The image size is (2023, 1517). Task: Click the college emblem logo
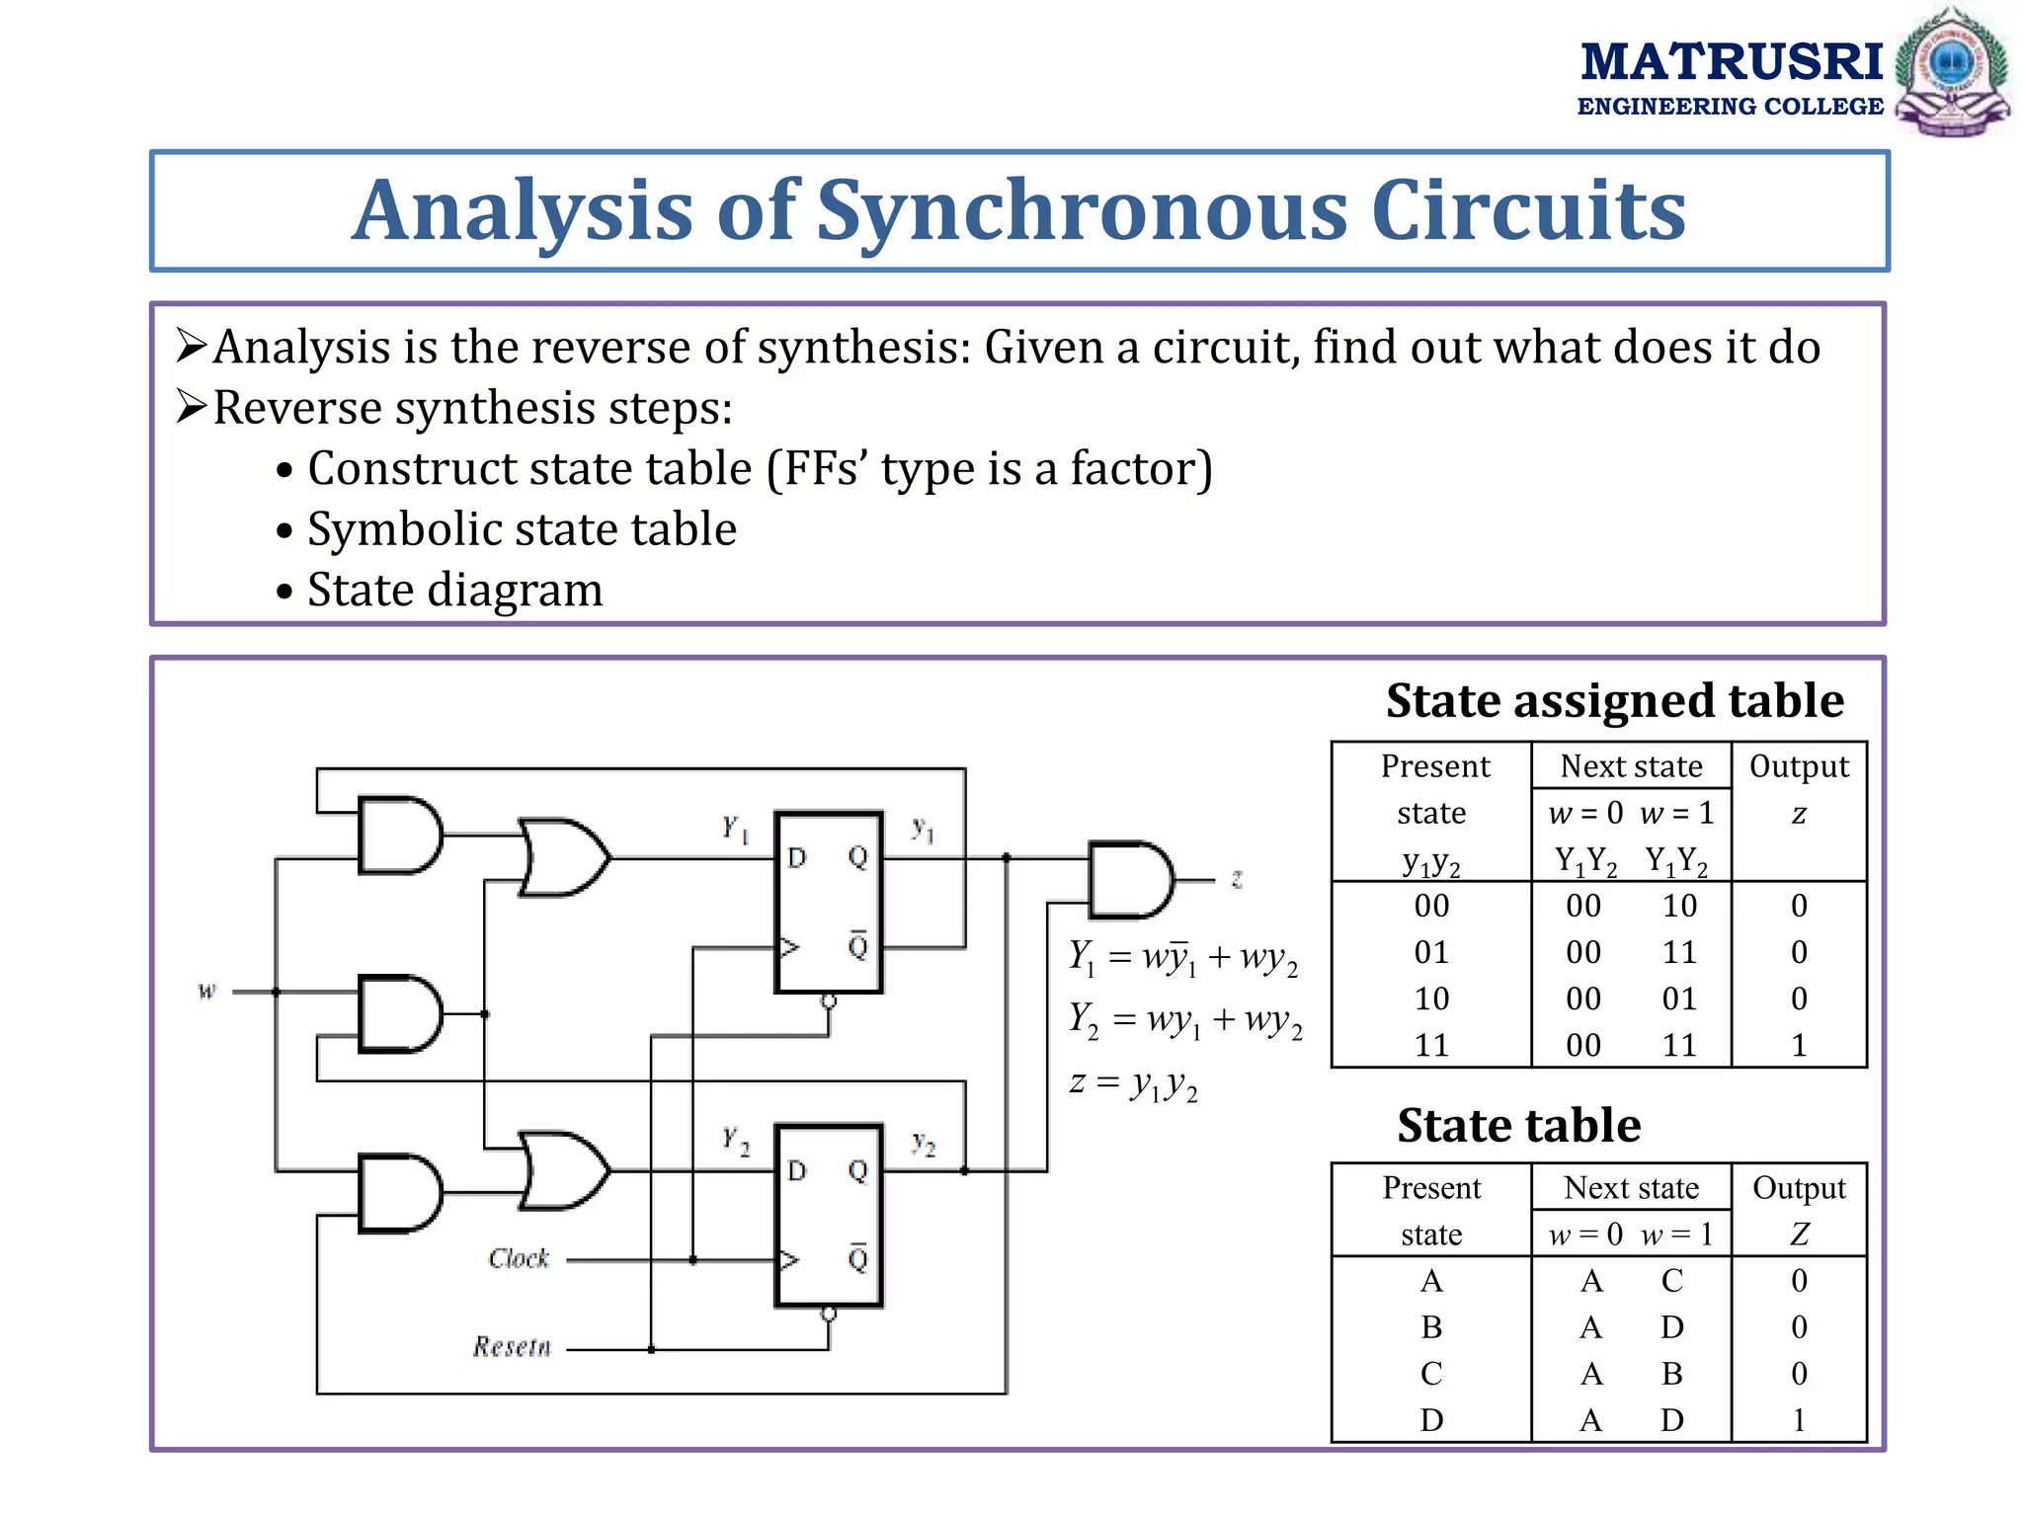click(x=1952, y=71)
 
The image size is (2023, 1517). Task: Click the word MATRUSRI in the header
click(x=1732, y=62)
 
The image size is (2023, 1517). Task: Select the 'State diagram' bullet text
click(x=454, y=590)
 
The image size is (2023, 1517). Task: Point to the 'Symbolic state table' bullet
click(x=522, y=529)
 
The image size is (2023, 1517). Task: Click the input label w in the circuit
click(x=206, y=990)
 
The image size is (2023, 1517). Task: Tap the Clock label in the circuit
click(x=519, y=1258)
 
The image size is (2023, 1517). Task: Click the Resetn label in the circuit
click(x=511, y=1346)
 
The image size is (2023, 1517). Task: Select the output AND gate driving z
click(x=1130, y=879)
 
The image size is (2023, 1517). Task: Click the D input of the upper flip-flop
click(x=797, y=857)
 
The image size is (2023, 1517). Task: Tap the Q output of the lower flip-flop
click(x=857, y=1170)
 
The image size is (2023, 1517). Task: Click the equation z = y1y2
click(x=1133, y=1084)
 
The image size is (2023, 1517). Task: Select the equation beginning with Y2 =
click(x=1184, y=1020)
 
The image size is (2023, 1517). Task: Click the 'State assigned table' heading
click(x=1614, y=700)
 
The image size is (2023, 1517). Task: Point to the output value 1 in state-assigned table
click(x=1799, y=1045)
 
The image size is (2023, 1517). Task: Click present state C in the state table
click(x=1431, y=1373)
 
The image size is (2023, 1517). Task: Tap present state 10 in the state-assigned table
click(x=1431, y=998)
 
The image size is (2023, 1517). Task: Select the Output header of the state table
click(x=1799, y=1188)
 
